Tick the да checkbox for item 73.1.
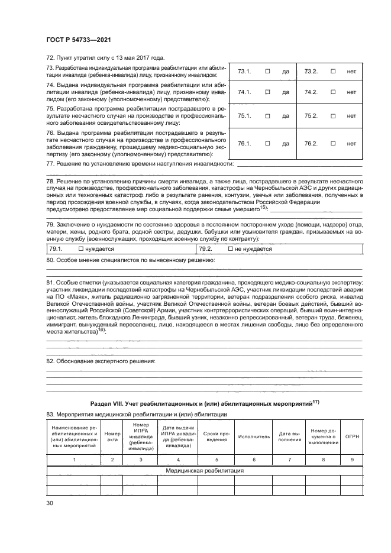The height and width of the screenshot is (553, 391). (x=267, y=72)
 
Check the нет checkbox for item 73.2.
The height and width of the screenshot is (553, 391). (x=333, y=72)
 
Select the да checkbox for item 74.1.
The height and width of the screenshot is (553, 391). (x=267, y=92)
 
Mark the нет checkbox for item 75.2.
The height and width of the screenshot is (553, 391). (x=333, y=116)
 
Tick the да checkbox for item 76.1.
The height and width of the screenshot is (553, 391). (x=267, y=143)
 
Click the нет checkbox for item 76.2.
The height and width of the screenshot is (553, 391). (x=333, y=143)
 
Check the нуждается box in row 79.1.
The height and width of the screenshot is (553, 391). (x=73, y=249)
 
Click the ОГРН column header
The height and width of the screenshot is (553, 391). (x=353, y=436)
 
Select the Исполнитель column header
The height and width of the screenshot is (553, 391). (x=254, y=436)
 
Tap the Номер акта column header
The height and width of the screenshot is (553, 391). (x=112, y=436)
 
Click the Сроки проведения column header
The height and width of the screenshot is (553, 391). (x=216, y=436)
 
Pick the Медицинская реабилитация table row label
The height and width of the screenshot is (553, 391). (x=205, y=471)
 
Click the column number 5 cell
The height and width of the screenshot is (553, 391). (x=216, y=459)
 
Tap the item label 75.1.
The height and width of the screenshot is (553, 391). (x=244, y=116)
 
